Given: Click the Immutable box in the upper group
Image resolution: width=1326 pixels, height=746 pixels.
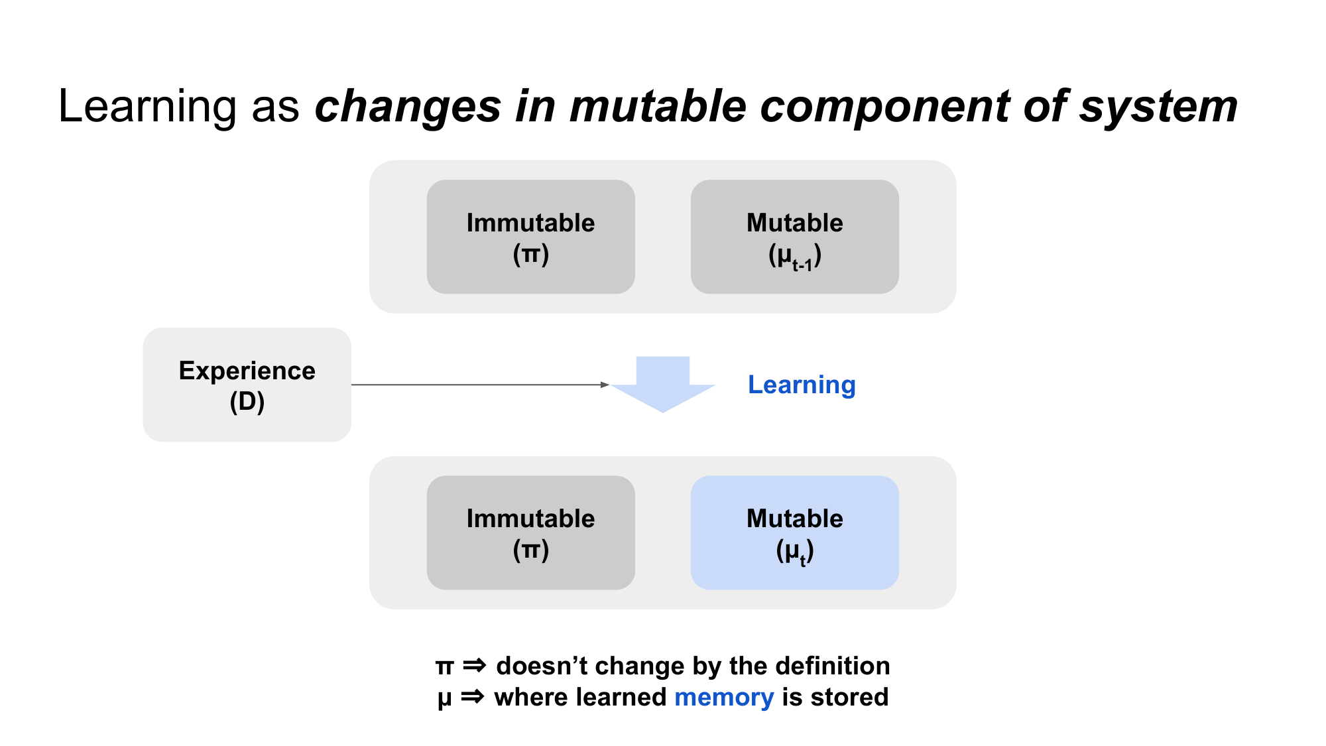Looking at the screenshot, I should click(x=530, y=237).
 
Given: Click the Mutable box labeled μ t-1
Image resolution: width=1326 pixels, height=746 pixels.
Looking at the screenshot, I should click(x=794, y=237).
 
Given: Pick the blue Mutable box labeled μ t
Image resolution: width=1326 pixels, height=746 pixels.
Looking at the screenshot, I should click(x=794, y=532).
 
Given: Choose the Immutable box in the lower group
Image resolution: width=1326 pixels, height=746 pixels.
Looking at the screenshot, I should click(x=530, y=532).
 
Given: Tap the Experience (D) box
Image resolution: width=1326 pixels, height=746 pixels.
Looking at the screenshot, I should click(x=247, y=385).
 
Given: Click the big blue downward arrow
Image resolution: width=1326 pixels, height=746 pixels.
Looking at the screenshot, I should click(x=662, y=385).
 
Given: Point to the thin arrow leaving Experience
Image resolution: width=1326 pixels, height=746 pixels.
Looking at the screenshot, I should click(x=477, y=385).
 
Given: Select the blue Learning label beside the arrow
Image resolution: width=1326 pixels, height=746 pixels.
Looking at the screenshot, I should click(x=801, y=385).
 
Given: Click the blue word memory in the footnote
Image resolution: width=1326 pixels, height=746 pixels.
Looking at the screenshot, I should click(x=723, y=698).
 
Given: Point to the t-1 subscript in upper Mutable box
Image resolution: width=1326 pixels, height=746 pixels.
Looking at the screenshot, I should click(x=802, y=265).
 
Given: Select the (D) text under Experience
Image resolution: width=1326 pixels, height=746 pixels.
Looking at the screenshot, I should click(x=247, y=402).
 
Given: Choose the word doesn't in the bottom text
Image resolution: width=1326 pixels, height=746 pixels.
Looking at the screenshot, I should click(x=541, y=666).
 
